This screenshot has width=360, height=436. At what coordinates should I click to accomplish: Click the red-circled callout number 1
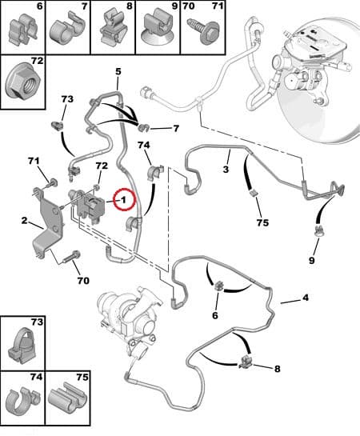click(x=123, y=200)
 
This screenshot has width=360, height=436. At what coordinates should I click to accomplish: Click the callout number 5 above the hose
click(x=118, y=71)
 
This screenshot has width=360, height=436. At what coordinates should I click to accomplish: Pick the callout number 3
click(x=226, y=169)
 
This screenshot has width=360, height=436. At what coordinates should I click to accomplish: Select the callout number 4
click(x=306, y=298)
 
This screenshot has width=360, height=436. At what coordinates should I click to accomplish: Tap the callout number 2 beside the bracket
click(x=25, y=221)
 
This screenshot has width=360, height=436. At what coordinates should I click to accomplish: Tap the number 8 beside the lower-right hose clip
click(x=277, y=369)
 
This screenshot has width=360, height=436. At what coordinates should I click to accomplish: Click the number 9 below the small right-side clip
click(x=312, y=260)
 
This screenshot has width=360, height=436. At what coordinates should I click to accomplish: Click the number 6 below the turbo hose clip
click(x=215, y=315)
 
